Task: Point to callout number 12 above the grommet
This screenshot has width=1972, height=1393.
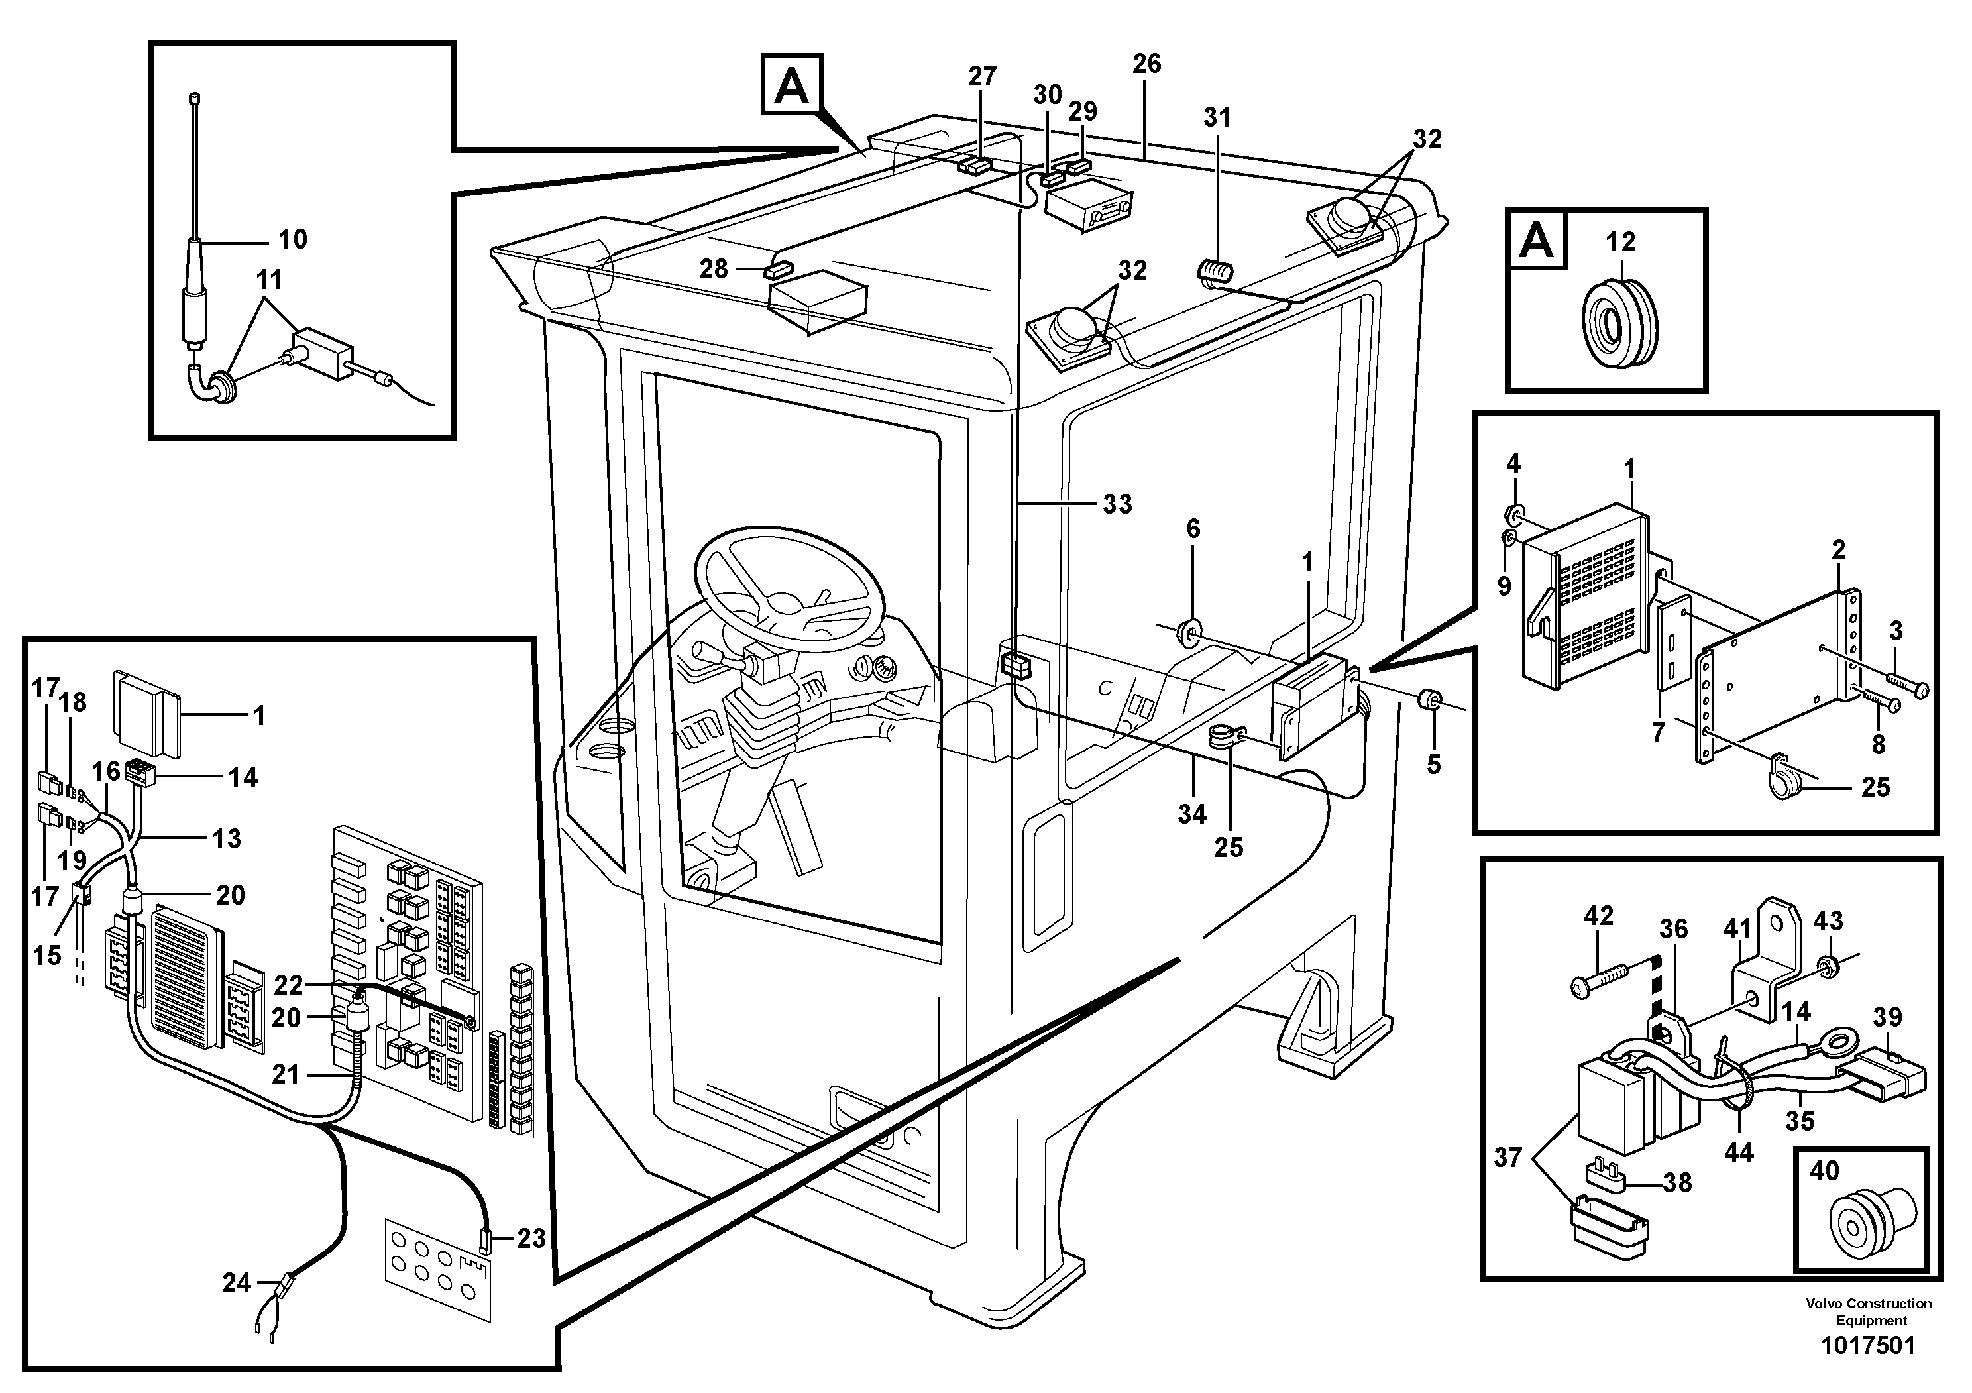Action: pyautogui.click(x=1620, y=242)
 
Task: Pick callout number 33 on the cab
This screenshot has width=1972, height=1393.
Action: pyautogui.click(x=1117, y=504)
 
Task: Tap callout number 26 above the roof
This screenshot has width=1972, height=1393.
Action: pyautogui.click(x=1146, y=64)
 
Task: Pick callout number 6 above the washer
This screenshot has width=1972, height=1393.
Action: pyautogui.click(x=1193, y=529)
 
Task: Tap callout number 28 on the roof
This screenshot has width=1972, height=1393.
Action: pyautogui.click(x=714, y=270)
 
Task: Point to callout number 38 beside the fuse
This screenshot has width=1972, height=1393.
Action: pyautogui.click(x=1677, y=1182)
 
